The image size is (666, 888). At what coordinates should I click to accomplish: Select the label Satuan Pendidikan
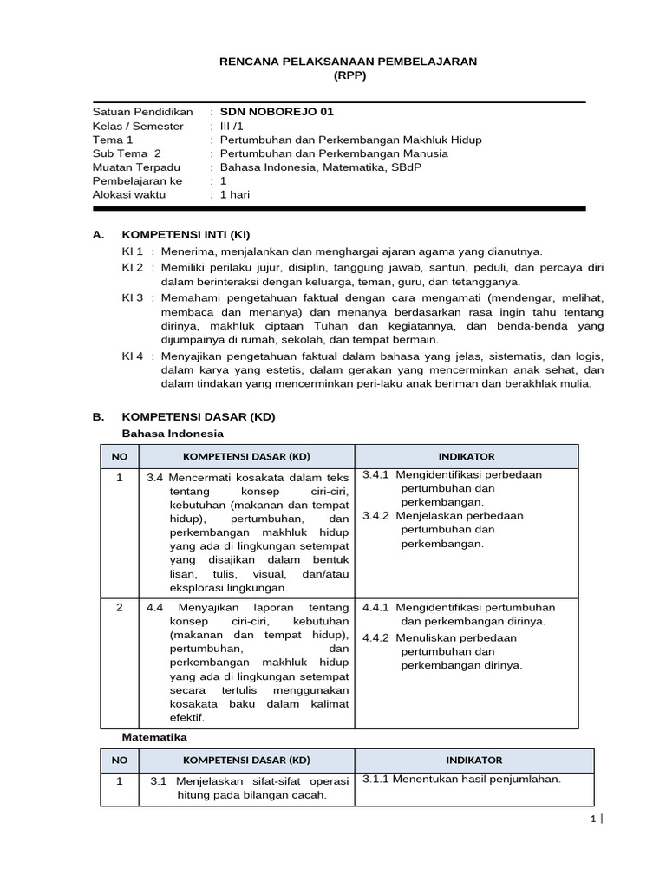142,112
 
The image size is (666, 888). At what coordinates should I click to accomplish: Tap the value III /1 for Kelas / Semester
232,126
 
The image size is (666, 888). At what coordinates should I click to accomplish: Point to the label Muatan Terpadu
136,167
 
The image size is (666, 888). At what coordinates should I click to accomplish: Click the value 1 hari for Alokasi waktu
235,194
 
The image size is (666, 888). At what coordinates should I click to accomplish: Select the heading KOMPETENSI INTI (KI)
186,235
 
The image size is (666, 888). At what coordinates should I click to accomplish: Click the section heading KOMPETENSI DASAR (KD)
199,416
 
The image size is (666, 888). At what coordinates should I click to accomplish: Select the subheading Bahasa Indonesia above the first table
172,433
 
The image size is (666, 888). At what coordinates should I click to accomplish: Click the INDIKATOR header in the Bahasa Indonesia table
467,456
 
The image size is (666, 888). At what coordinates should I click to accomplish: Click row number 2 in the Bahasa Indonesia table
120,608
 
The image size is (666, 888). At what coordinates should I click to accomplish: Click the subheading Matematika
153,736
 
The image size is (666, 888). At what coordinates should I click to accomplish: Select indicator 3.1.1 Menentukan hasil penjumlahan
461,779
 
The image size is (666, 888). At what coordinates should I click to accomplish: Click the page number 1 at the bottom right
592,819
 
